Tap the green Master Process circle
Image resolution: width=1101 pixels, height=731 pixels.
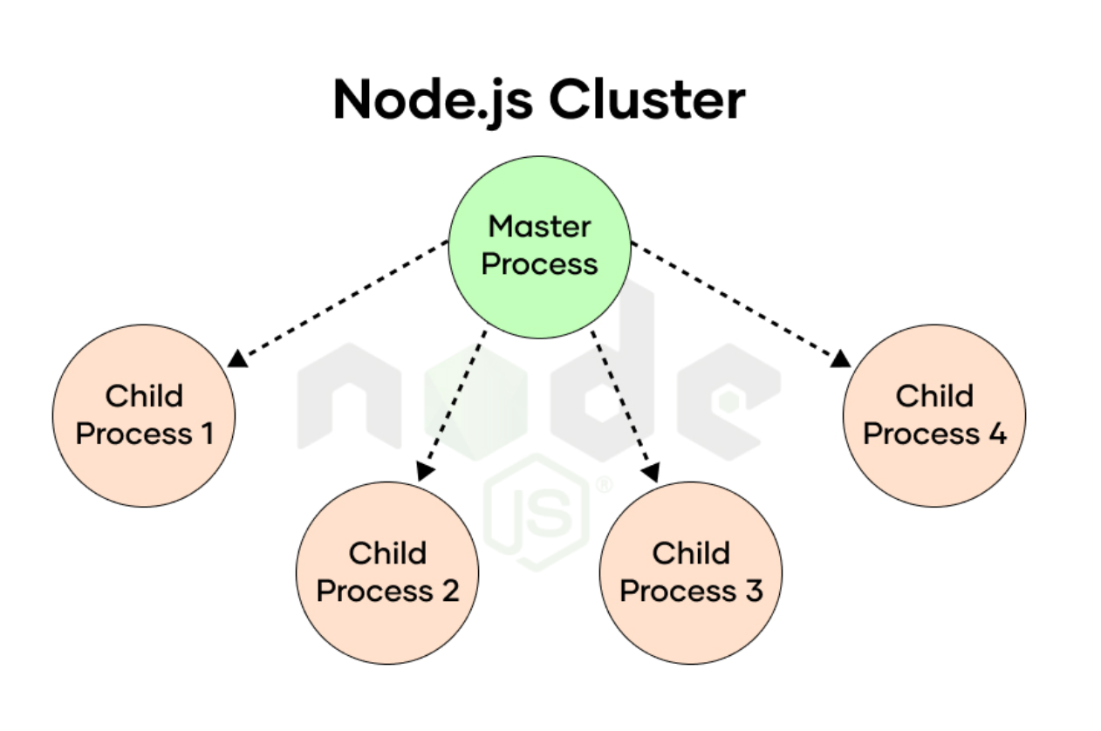click(539, 246)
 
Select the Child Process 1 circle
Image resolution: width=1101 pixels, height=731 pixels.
click(144, 415)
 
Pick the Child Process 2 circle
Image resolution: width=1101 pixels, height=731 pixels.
click(387, 573)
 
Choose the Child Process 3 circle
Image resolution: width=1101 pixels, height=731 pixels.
click(690, 573)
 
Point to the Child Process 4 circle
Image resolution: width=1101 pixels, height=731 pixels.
click(934, 415)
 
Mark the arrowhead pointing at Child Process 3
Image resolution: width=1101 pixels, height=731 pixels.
click(652, 472)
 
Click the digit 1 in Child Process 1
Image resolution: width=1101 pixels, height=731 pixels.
click(206, 434)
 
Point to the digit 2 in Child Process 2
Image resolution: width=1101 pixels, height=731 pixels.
click(449, 591)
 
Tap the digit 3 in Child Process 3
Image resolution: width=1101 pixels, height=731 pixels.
click(753, 591)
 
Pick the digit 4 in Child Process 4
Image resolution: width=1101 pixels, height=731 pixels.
click(997, 434)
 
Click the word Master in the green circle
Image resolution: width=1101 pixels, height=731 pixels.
click(539, 227)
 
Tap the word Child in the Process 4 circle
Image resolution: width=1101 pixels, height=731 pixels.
click(934, 396)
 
